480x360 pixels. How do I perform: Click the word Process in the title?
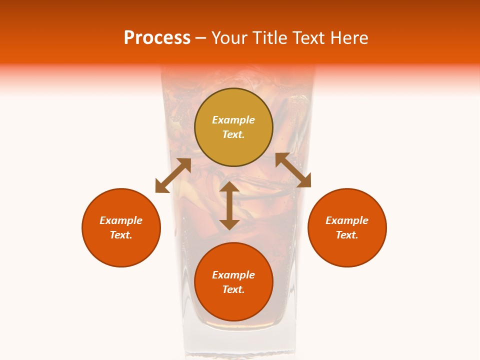tap(157, 38)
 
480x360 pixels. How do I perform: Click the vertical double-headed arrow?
tap(229, 205)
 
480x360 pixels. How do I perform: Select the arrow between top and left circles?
tap(173, 175)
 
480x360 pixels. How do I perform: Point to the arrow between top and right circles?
tap(293, 170)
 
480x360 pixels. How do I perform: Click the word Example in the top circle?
tap(233, 120)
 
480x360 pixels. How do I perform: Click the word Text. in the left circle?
tap(121, 235)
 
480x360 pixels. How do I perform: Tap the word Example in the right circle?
tap(347, 220)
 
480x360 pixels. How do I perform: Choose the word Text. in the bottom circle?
tap(233, 289)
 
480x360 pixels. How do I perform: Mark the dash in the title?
tap(201, 38)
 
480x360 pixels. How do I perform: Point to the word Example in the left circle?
tap(121, 220)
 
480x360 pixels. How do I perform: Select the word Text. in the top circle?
tap(233, 134)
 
